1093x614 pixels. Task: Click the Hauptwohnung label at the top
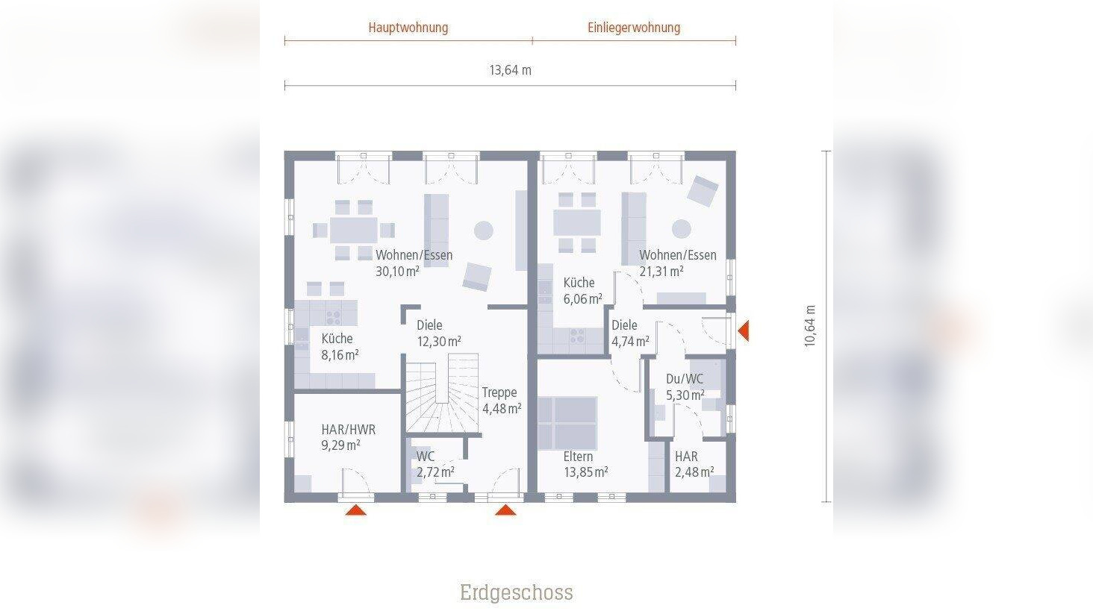408,28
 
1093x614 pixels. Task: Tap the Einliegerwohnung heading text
634,28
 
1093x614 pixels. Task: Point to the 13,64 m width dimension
510,70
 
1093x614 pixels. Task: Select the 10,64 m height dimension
810,326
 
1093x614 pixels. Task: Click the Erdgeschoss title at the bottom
516,592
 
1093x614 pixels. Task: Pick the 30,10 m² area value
397,272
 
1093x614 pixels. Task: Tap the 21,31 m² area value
661,272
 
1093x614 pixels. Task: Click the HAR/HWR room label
348,430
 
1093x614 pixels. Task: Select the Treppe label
499,392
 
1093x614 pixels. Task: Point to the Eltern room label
578,457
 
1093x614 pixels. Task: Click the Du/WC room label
684,379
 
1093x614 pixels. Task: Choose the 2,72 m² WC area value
435,472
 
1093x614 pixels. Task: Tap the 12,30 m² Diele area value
438,342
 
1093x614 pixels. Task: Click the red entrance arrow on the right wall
743,330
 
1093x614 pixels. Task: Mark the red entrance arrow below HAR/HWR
356,510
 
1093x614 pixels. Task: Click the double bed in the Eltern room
567,422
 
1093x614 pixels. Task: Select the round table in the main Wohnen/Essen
484,231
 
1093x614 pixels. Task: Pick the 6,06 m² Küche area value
582,299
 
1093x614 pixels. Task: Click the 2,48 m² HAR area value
694,472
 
